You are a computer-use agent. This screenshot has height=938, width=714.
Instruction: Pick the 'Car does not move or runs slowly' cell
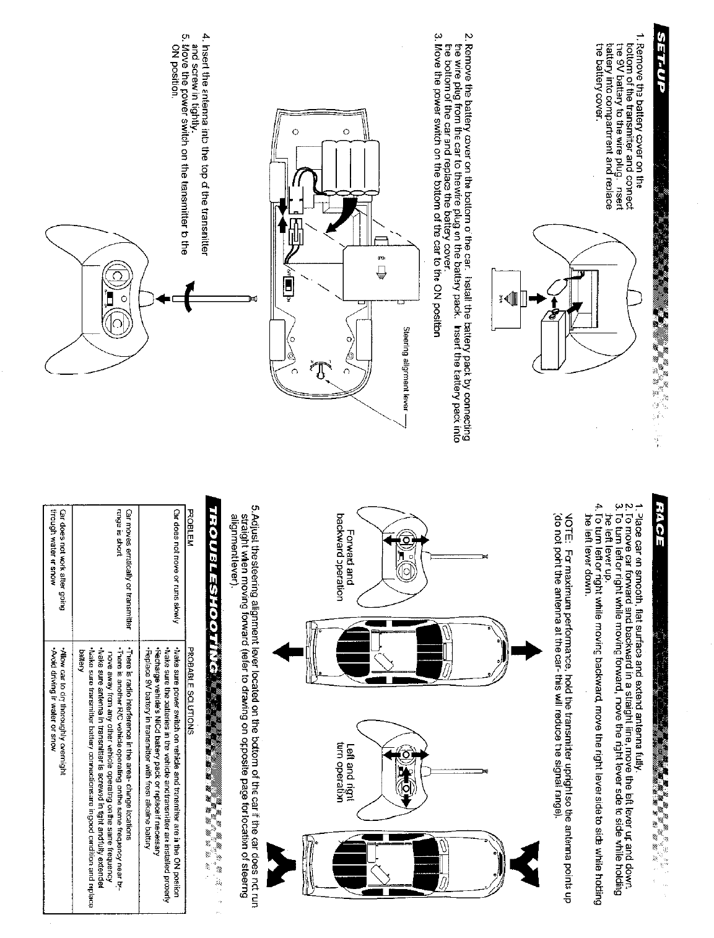[176, 564]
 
